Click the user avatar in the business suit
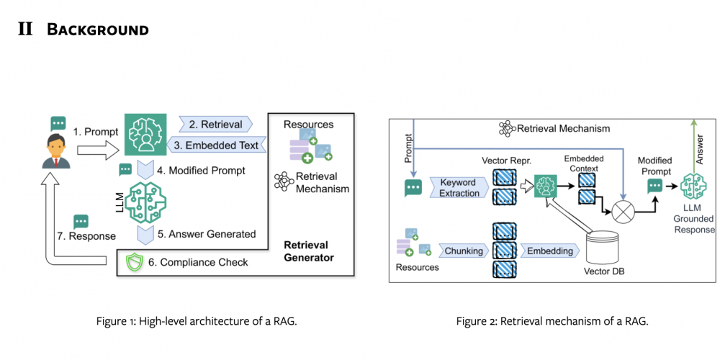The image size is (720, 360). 56,151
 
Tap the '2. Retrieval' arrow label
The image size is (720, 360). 216,124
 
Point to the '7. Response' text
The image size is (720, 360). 86,236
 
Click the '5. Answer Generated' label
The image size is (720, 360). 207,234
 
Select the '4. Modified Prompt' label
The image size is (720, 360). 201,171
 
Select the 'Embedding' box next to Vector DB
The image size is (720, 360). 549,251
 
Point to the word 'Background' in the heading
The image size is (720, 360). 98,30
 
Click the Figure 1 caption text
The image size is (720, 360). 197,321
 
